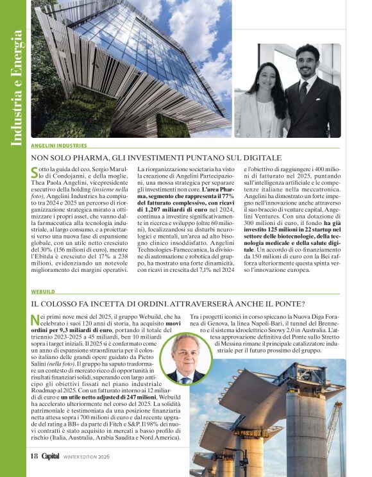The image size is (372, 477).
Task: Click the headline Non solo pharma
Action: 156,157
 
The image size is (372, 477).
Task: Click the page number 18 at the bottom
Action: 34,456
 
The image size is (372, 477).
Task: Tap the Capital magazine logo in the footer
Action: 50,456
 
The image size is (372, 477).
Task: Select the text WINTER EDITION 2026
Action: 87,457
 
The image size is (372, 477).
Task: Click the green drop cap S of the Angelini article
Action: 35,171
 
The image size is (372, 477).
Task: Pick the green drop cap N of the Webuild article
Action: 35,320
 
